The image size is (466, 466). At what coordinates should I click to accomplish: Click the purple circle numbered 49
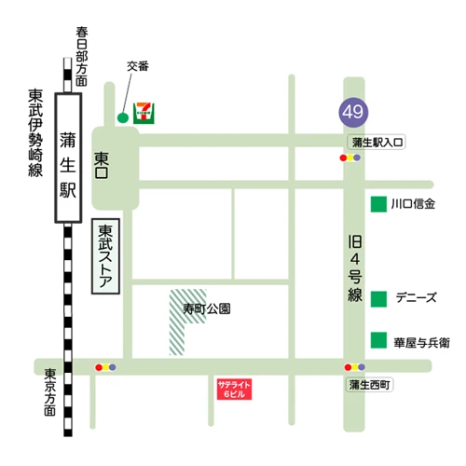pos(352,113)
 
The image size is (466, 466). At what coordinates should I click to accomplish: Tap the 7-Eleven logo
pos(144,111)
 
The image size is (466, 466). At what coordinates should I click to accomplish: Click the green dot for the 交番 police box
pos(122,117)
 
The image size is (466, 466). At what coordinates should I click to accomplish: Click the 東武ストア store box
pos(106,257)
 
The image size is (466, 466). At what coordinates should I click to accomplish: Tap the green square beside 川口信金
pos(379,204)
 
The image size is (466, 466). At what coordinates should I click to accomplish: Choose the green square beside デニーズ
pos(379,298)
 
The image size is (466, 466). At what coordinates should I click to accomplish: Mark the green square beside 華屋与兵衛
pos(379,340)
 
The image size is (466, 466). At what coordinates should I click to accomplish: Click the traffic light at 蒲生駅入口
pos(350,158)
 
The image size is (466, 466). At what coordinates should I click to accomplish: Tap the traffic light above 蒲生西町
pos(353,367)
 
